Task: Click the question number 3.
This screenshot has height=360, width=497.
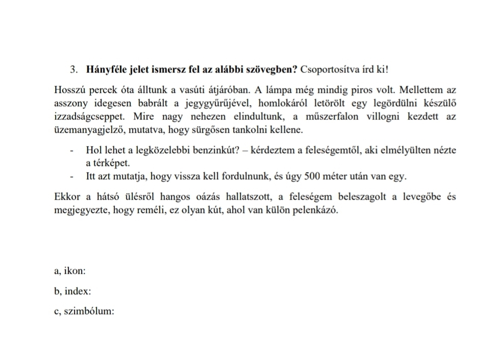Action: (x=74, y=69)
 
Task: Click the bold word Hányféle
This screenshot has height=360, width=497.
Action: (x=105, y=69)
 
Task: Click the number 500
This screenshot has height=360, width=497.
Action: (x=312, y=177)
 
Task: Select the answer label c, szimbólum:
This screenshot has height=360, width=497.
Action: (x=84, y=311)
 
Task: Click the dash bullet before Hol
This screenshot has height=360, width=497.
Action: (x=73, y=150)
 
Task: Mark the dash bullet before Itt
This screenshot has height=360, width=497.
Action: (x=73, y=177)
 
